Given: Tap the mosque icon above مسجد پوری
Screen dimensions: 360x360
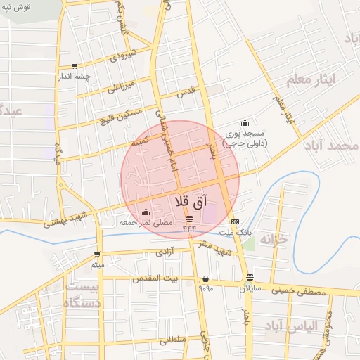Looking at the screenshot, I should [245, 122].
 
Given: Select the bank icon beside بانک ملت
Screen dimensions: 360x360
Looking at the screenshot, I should [234, 221].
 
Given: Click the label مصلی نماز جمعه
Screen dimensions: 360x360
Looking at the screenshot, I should [145, 221].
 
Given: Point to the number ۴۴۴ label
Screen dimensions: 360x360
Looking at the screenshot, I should [190, 229].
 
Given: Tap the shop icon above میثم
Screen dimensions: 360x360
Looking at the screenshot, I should [97, 255].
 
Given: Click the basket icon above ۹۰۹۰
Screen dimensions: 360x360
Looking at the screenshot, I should [205, 278].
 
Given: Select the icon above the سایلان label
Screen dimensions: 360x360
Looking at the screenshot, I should [250, 277].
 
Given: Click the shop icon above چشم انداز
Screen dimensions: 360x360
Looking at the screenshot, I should [74, 66].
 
